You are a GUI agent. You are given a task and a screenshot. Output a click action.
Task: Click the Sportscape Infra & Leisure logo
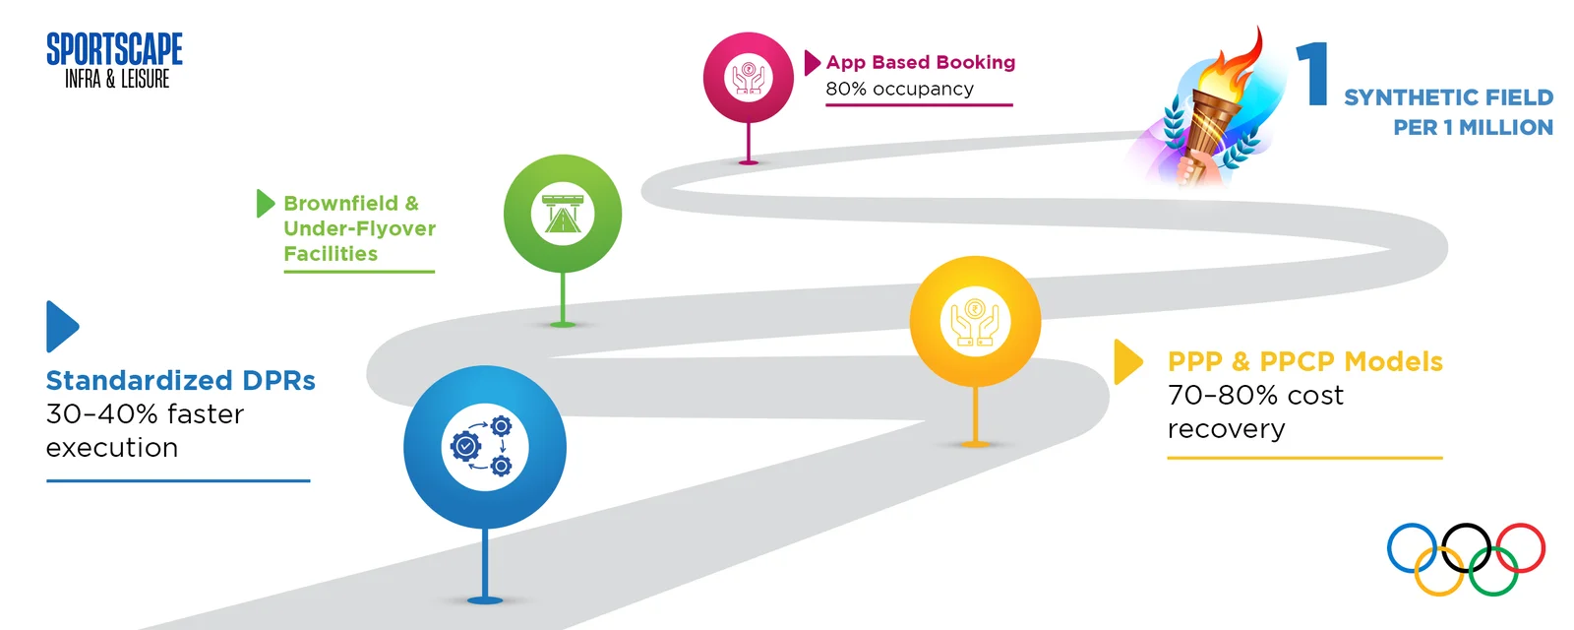(x=114, y=60)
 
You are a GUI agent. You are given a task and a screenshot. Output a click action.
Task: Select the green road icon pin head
(x=563, y=214)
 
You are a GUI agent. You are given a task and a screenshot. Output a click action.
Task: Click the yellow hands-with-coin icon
(x=975, y=322)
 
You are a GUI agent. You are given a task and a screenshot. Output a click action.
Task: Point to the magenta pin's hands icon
(x=749, y=78)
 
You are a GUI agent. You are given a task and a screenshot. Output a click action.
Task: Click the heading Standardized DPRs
(x=181, y=380)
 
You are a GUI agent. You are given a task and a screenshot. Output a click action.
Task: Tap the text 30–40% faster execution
(x=145, y=430)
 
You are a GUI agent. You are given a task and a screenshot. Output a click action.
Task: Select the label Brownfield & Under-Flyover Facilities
(x=359, y=228)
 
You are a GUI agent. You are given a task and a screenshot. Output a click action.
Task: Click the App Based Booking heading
(x=921, y=62)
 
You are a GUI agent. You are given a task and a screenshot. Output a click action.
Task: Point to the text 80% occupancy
(x=899, y=89)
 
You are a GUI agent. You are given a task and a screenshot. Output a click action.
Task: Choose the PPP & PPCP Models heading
(x=1304, y=361)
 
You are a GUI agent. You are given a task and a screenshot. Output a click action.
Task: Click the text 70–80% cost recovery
(x=1255, y=412)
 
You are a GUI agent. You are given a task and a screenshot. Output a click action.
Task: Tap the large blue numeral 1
(x=1312, y=74)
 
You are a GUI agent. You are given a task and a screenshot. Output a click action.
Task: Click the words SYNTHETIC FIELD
(x=1448, y=97)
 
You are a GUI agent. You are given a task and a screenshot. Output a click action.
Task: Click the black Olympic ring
(x=1467, y=547)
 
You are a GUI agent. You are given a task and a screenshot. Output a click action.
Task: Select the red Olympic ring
(x=1520, y=547)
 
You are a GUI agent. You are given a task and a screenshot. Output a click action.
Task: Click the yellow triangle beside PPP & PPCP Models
(x=1127, y=362)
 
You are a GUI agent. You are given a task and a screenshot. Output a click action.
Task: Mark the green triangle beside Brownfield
(x=265, y=203)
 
